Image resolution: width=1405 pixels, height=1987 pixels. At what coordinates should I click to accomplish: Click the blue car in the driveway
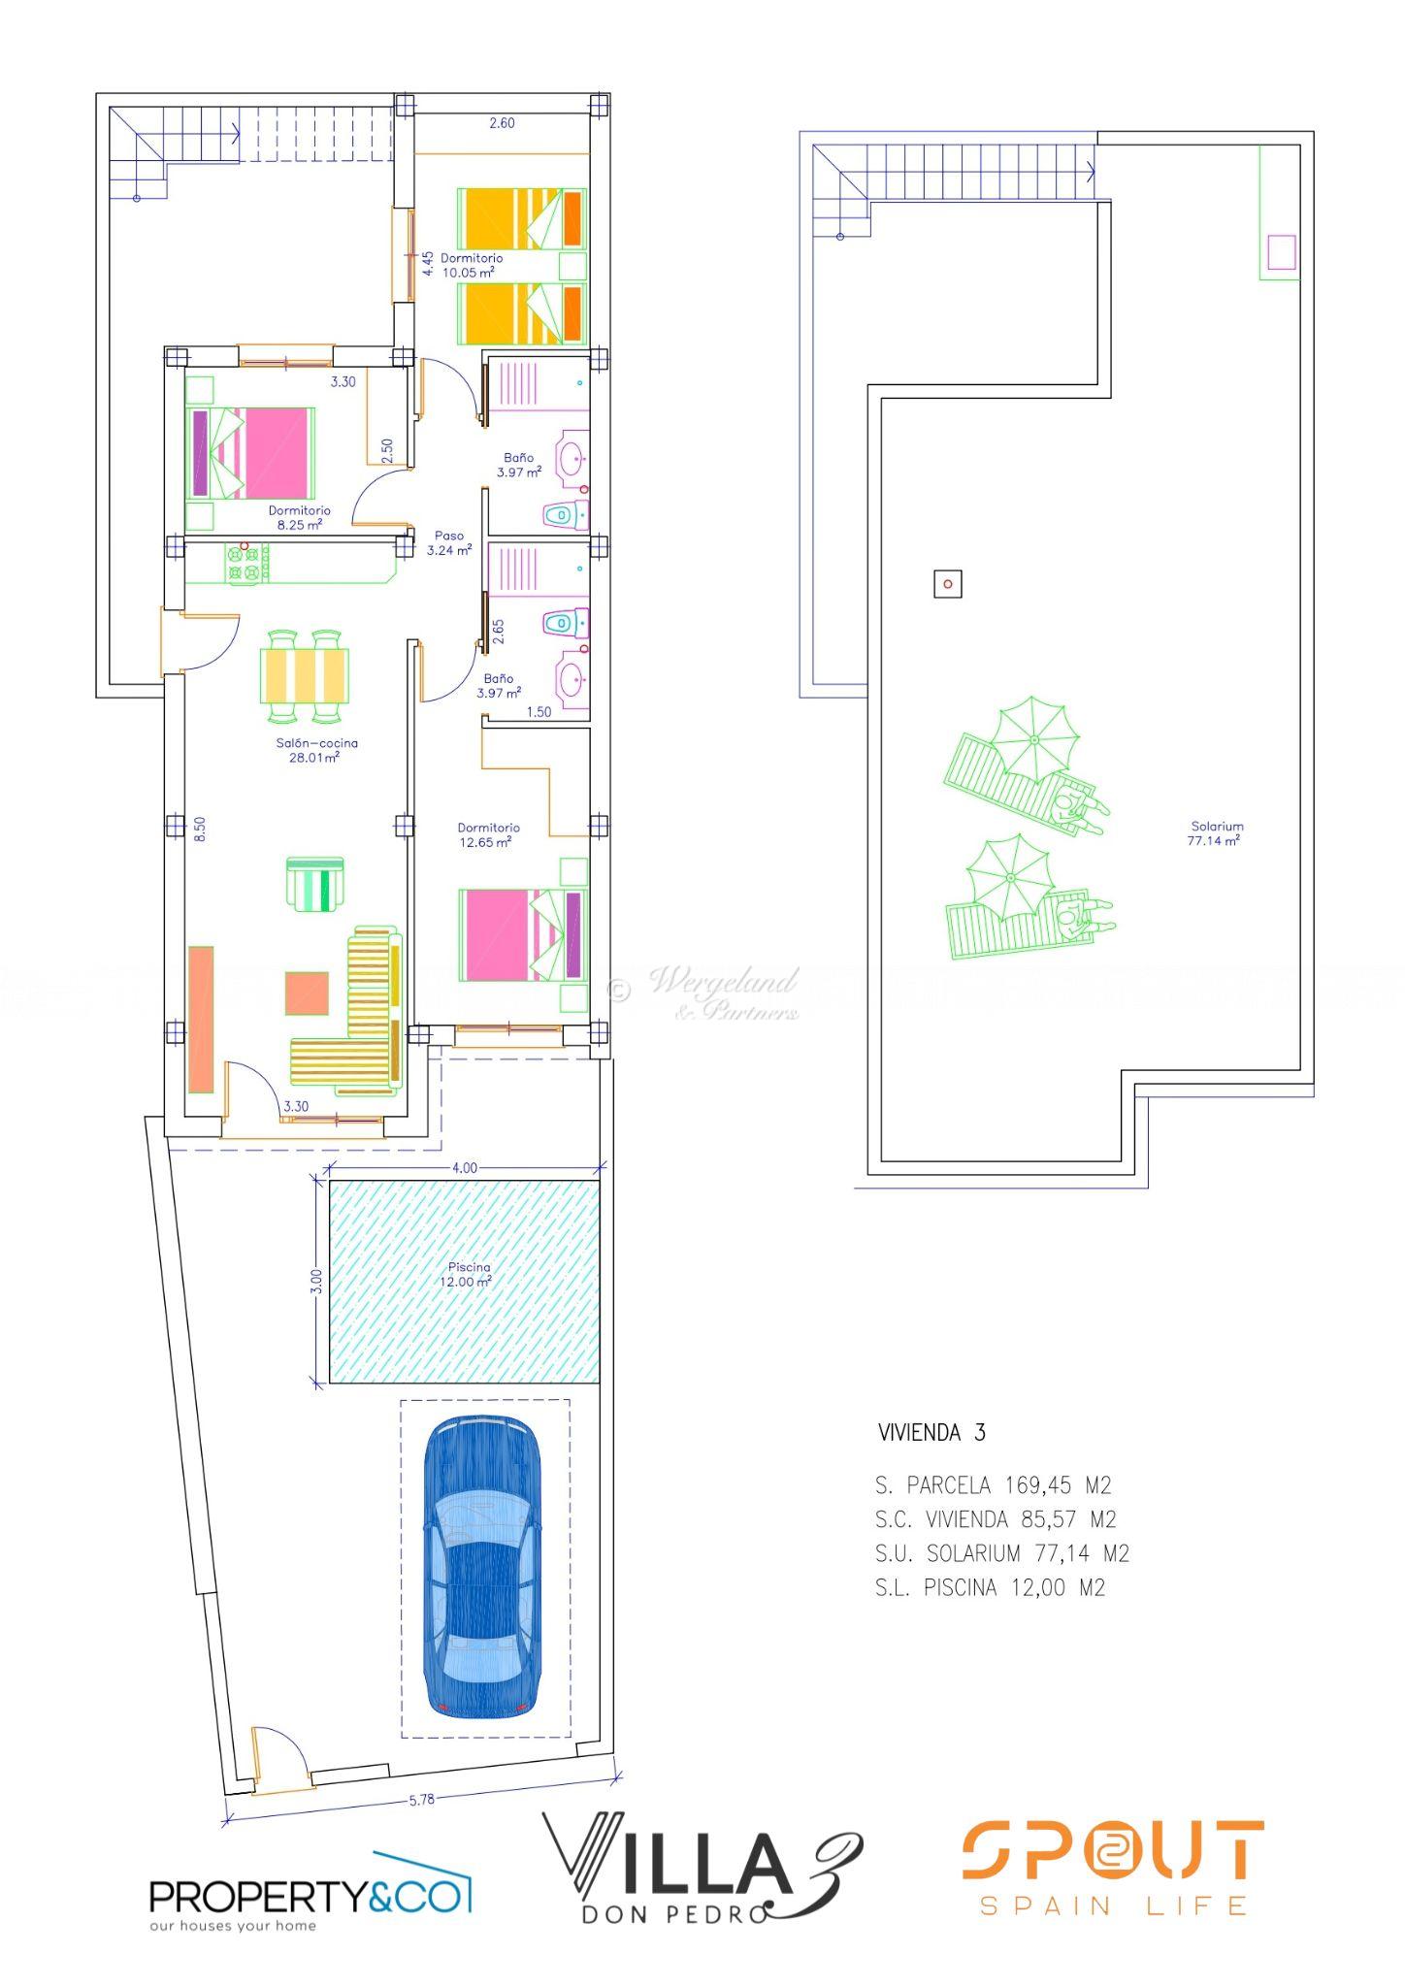pos(481,1568)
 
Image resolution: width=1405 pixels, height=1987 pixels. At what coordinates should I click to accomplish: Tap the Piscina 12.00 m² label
pos(470,1274)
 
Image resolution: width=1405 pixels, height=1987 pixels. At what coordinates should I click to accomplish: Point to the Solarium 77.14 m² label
pos(1216,833)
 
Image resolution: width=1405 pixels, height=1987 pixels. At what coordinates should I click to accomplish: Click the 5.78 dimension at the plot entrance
pos(421,1800)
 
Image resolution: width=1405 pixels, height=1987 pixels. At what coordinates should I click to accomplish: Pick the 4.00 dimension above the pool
pos(465,1167)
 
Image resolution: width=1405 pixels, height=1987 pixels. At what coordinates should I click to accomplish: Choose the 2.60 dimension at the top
pos(502,123)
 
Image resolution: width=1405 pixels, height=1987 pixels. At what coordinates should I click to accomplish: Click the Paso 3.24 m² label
pos(449,542)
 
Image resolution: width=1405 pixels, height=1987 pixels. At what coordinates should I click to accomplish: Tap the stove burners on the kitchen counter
pos(248,564)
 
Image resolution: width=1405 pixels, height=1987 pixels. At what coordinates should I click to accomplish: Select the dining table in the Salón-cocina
pos(305,676)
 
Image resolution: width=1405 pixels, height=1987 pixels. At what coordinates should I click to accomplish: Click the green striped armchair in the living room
pos(315,883)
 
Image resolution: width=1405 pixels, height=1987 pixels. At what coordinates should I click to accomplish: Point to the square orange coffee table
pos(308,993)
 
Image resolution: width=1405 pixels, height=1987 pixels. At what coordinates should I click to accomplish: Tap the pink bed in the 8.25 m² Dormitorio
pos(251,452)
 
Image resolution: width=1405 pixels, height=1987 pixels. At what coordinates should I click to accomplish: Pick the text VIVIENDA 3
pos(931,1433)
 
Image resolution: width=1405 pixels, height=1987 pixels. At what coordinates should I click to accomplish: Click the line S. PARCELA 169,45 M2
pos(993,1485)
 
